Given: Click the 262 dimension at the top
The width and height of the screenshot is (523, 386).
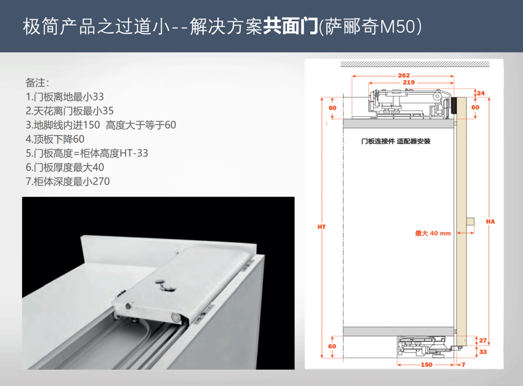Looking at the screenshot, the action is [404, 75].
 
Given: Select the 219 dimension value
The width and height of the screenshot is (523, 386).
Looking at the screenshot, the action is [408, 82].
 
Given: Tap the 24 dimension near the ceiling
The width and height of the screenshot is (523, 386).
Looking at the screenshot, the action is [481, 93].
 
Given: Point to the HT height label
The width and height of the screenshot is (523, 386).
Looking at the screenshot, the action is [322, 227].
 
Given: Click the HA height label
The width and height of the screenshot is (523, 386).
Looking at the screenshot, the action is [491, 222].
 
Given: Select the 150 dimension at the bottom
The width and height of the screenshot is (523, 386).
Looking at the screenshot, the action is [426, 365].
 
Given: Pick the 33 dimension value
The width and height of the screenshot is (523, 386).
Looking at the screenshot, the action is [483, 351].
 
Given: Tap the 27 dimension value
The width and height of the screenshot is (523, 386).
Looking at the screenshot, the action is [483, 340].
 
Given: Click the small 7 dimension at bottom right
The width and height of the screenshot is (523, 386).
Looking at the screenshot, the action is [463, 365].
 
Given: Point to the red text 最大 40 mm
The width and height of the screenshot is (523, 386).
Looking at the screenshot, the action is [433, 233].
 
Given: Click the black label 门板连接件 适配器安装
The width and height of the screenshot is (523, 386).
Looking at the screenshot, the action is [395, 141].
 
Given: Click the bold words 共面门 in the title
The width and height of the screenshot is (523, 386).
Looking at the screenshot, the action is [290, 26].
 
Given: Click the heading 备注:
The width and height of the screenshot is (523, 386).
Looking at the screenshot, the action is [37, 83].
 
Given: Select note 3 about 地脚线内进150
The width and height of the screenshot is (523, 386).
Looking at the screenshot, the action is [101, 125].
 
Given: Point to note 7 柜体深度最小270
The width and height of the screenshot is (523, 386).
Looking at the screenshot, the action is [67, 181].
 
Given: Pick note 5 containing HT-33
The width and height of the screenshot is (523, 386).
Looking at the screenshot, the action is [87, 153].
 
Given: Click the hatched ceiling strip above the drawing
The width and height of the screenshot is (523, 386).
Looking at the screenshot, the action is [415, 64].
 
